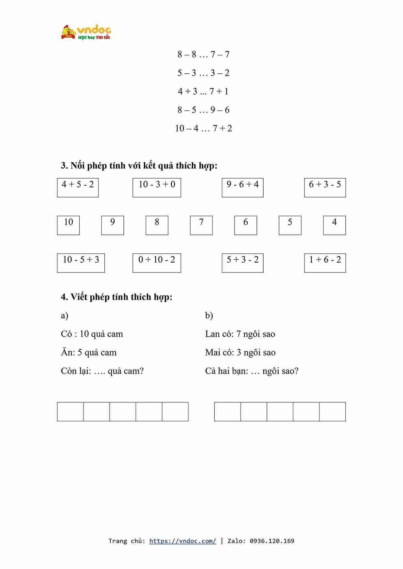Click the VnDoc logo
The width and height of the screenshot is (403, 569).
pyautogui.click(x=86, y=32)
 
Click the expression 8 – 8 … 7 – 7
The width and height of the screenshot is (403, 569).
pyautogui.click(x=203, y=54)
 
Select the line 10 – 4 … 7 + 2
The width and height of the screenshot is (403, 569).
pyautogui.click(x=203, y=128)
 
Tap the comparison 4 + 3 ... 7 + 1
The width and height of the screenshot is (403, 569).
pyautogui.click(x=203, y=92)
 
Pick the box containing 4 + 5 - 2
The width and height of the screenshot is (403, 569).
pyautogui.click(x=78, y=187)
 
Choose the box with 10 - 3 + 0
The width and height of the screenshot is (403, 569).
pyautogui.click(x=157, y=187)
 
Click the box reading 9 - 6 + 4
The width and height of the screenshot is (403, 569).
pyautogui.click(x=242, y=187)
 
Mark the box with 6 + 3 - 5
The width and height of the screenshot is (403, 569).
pyautogui.click(x=325, y=187)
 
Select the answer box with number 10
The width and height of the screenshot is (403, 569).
pyautogui.click(x=68, y=225)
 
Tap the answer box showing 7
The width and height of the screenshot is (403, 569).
pyautogui.click(x=201, y=225)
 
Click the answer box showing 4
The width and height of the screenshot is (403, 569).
pyautogui.click(x=334, y=225)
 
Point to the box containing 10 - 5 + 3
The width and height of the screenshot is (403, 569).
pyautogui.click(x=81, y=263)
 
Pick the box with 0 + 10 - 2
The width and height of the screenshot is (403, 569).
pyautogui.click(x=157, y=263)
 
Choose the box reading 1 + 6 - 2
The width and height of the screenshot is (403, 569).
pyautogui.click(x=325, y=263)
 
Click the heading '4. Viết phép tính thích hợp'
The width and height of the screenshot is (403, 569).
pyautogui.click(x=116, y=297)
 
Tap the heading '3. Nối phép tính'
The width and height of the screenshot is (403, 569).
pyautogui.click(x=139, y=166)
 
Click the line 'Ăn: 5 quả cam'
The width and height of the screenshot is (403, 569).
pyautogui.click(x=89, y=353)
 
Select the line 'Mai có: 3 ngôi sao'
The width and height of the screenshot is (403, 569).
pyautogui.click(x=240, y=353)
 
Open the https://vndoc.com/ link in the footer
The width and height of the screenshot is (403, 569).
pyautogui.click(x=182, y=541)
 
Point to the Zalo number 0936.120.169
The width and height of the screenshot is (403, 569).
pyautogui.click(x=272, y=541)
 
